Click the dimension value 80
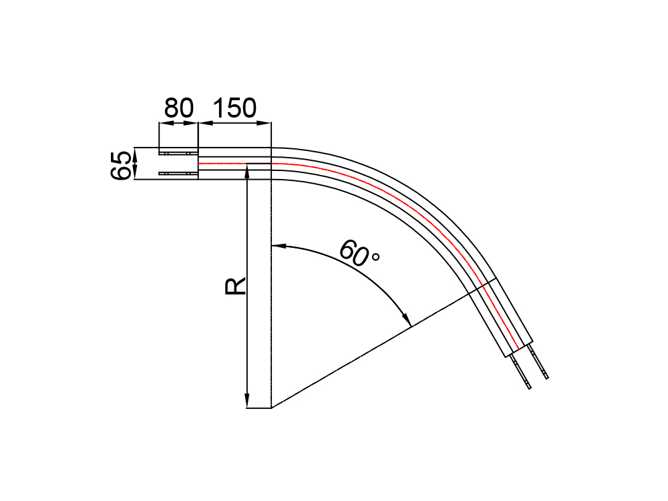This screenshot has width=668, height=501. click(179, 108)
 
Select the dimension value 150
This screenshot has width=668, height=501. click(234, 108)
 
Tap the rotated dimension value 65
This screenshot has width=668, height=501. click(120, 166)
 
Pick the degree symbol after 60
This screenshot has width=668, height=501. click(375, 257)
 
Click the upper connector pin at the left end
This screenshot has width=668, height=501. click(178, 153)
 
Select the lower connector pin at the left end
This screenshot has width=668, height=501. click(178, 174)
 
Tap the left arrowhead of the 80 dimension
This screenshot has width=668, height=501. click(165, 124)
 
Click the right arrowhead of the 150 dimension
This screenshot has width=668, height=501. click(264, 124)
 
